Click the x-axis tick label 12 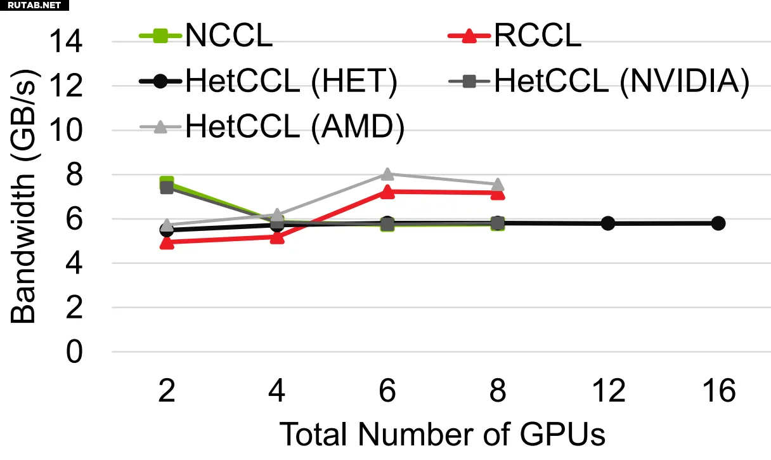pos(608,391)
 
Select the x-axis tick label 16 pos(718,391)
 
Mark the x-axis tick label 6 pos(387,391)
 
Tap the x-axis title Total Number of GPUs pos(442,435)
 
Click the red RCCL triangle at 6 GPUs pos(387,192)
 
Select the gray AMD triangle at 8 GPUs pos(498,185)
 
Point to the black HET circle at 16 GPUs pos(718,223)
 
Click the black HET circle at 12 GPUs pos(608,223)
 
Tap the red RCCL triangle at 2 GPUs pos(167,242)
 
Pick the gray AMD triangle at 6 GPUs pos(387,174)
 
